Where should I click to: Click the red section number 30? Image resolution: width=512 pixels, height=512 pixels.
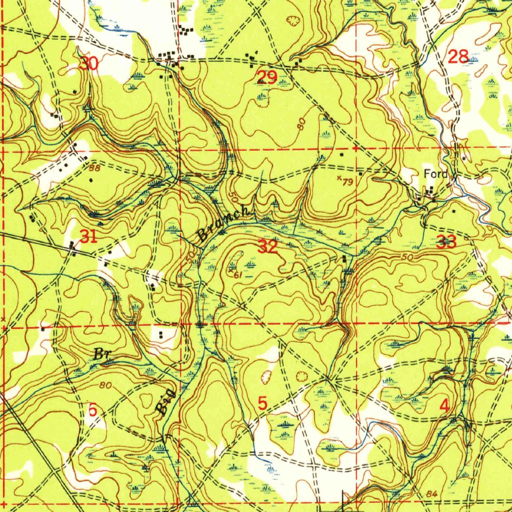[89, 63]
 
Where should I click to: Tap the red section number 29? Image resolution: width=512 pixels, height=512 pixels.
[266, 77]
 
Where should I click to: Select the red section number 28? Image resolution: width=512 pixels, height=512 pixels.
[458, 57]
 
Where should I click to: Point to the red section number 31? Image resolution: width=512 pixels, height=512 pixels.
[88, 236]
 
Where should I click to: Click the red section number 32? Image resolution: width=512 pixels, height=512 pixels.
[268, 246]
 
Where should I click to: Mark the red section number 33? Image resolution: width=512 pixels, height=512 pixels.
[445, 243]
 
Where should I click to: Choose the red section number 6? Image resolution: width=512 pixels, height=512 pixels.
[92, 409]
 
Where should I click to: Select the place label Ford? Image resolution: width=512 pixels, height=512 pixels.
[434, 174]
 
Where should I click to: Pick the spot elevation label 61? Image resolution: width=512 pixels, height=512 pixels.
[236, 274]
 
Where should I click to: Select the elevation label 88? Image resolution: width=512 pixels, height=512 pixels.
[95, 168]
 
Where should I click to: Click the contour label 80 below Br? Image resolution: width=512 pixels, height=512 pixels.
[105, 385]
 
